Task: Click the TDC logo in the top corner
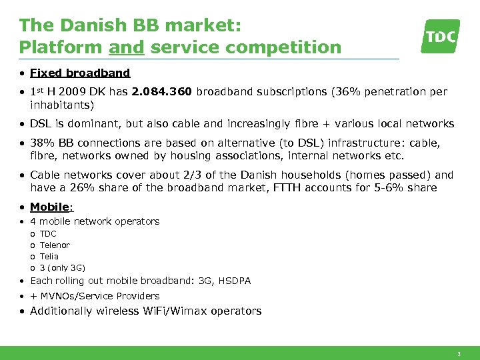(441, 36)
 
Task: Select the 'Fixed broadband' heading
(80, 73)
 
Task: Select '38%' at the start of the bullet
(41, 143)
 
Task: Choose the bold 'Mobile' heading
(50, 207)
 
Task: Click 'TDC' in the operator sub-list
(48, 234)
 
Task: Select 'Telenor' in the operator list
(55, 245)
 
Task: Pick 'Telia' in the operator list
(49, 257)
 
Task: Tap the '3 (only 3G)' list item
(63, 268)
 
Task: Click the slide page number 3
(459, 353)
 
